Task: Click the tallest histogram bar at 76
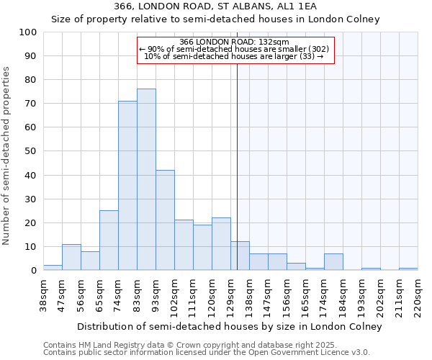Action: coord(146,179)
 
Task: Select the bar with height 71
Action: coord(127,186)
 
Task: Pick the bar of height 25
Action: coord(109,240)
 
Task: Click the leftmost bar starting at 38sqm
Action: coord(53,268)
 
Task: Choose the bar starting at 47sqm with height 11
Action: coord(71,257)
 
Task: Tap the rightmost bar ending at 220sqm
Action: coord(408,269)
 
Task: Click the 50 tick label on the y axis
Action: coord(31,151)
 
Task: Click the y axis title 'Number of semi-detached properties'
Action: coord(7,156)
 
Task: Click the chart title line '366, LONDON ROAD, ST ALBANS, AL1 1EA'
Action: coord(215,6)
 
